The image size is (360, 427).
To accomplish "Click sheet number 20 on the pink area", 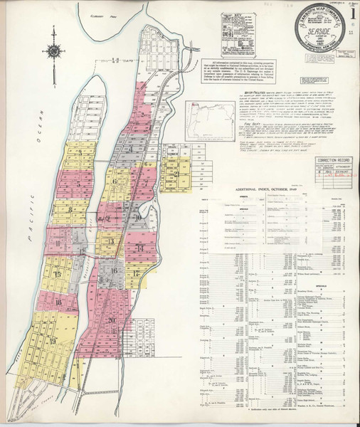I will (x=113, y=320).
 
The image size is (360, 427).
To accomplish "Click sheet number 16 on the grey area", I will (x=113, y=271).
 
